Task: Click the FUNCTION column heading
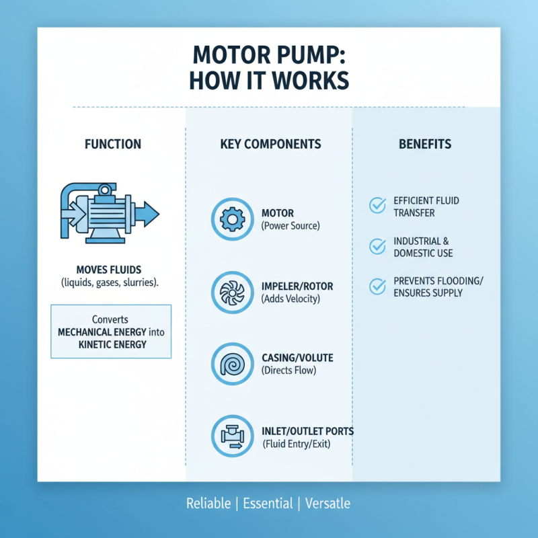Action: (x=112, y=144)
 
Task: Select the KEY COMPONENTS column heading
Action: (x=270, y=144)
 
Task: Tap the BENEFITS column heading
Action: (x=424, y=144)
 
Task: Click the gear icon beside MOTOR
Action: (x=232, y=219)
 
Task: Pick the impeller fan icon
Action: (x=232, y=292)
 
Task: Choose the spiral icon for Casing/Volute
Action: (x=232, y=364)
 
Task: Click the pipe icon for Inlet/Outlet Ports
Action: (x=232, y=436)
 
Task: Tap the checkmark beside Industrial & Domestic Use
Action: (x=378, y=247)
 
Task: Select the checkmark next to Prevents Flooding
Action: (x=378, y=287)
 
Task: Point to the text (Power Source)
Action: (x=291, y=226)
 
